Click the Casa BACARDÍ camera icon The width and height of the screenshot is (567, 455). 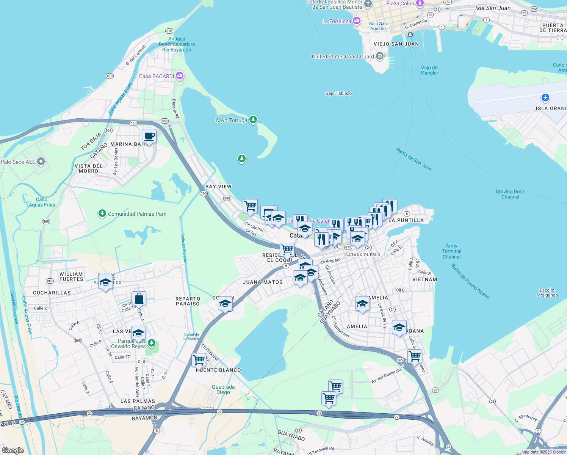[x=180, y=76]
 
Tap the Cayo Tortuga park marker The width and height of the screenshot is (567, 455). [x=253, y=120]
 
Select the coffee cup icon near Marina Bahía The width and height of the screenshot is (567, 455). [x=149, y=136]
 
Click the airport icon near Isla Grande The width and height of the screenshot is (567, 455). [x=545, y=98]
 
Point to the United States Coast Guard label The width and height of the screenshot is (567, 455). [x=343, y=57]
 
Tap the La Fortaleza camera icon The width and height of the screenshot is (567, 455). [x=356, y=21]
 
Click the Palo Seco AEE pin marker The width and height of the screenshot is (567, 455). [x=41, y=162]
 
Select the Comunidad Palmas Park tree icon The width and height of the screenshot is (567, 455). [x=102, y=213]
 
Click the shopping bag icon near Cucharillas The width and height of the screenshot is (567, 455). [x=139, y=299]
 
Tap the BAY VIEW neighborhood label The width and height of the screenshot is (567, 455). [x=218, y=187]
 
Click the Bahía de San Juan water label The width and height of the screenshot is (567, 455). [x=414, y=159]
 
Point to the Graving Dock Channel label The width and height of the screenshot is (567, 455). [x=510, y=194]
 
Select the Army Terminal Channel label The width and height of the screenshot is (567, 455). [x=451, y=251]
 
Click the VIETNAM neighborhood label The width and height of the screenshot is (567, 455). [x=424, y=279]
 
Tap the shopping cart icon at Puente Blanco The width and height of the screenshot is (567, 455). [x=199, y=360]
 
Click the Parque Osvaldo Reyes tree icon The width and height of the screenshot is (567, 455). [x=152, y=343]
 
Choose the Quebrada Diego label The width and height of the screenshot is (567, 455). [x=223, y=389]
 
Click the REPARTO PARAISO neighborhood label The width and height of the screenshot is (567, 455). [x=188, y=301]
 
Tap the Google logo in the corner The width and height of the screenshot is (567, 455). [x=13, y=450]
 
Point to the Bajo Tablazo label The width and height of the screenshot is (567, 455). [x=338, y=93]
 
